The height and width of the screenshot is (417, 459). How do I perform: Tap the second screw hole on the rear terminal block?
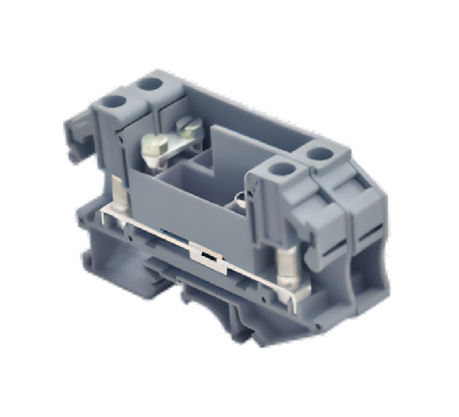(x=151, y=84)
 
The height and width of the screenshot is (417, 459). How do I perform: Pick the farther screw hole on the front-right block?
(x=319, y=153)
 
